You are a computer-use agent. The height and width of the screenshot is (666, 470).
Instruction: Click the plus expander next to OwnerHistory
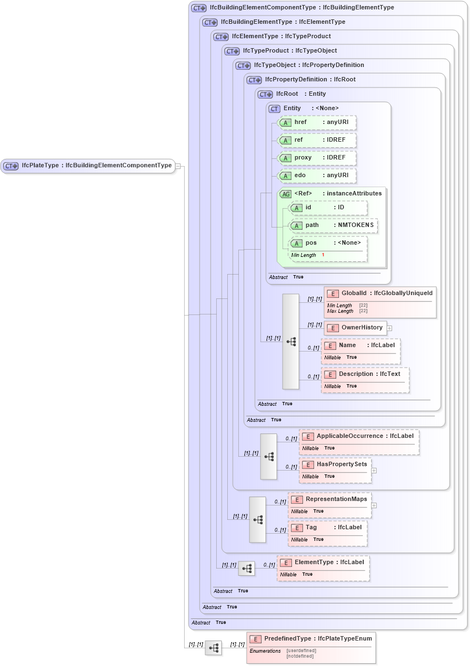pyautogui.click(x=390, y=328)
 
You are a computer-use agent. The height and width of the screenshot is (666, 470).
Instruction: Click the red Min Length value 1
pyautogui.click(x=323, y=255)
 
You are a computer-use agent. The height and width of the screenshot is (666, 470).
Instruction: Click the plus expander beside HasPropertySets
pyautogui.click(x=374, y=471)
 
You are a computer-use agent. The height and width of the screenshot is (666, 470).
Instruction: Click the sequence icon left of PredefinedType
pyautogui.click(x=213, y=648)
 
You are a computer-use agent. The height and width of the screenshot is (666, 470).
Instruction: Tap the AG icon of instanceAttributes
pyautogui.click(x=286, y=194)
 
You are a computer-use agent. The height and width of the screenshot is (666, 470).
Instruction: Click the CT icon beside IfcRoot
pyautogui.click(x=266, y=95)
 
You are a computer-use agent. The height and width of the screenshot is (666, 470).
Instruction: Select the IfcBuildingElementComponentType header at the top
pyautogui.click(x=302, y=8)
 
